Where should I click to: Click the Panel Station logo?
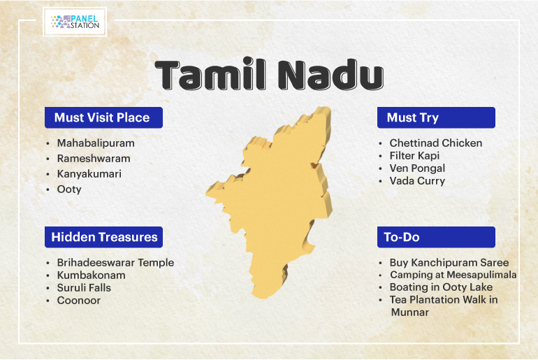(75, 22)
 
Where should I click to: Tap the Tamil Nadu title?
(269, 75)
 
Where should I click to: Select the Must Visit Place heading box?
(103, 117)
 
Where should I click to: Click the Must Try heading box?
(436, 117)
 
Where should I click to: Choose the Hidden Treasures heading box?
(103, 237)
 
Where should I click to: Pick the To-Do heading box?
(436, 237)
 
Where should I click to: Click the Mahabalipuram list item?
(96, 143)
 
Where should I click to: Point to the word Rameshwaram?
(94, 159)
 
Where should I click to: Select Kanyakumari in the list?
(89, 174)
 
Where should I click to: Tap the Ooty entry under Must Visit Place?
(69, 189)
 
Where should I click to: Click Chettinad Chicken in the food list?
(436, 143)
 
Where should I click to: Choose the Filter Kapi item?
(414, 156)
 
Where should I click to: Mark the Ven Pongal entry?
(417, 168)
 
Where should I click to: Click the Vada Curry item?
(417, 181)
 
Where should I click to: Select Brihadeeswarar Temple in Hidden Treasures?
(115, 263)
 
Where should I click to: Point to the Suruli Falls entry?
(84, 287)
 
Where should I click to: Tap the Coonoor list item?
(78, 301)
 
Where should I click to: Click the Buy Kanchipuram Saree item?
(449, 263)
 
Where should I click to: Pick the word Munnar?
(410, 312)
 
